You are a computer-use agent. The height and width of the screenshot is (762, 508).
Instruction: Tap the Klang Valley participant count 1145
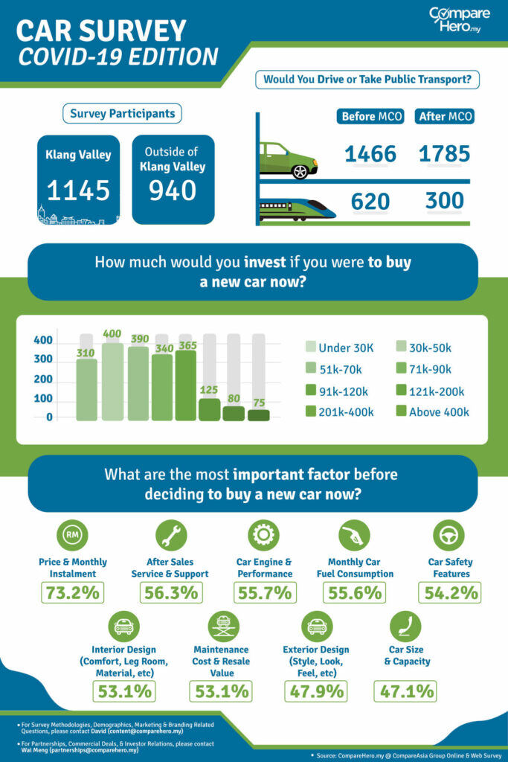(78, 190)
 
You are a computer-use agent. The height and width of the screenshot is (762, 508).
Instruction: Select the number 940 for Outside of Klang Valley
(173, 190)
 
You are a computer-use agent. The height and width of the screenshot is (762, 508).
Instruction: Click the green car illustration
(288, 160)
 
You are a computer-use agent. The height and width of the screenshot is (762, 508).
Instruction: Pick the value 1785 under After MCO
(444, 154)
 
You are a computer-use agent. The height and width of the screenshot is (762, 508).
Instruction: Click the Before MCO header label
(371, 117)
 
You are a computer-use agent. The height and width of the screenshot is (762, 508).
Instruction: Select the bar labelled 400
(112, 381)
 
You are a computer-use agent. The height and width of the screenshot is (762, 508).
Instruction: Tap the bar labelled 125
(209, 409)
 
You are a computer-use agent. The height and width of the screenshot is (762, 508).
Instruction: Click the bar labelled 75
(259, 415)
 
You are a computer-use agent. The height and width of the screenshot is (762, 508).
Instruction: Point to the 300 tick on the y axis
(43, 359)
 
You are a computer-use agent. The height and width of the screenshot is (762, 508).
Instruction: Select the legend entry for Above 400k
(431, 412)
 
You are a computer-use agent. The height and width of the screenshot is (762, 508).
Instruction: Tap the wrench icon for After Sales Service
(170, 535)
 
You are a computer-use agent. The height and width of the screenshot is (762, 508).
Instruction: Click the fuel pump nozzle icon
(354, 535)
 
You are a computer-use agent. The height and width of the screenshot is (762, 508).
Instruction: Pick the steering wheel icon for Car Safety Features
(448, 535)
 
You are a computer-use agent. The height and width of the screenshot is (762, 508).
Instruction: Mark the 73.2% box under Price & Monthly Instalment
(73, 593)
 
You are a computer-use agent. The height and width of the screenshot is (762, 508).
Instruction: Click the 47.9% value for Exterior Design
(315, 691)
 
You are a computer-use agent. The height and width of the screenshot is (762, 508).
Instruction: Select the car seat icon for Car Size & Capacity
(405, 627)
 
